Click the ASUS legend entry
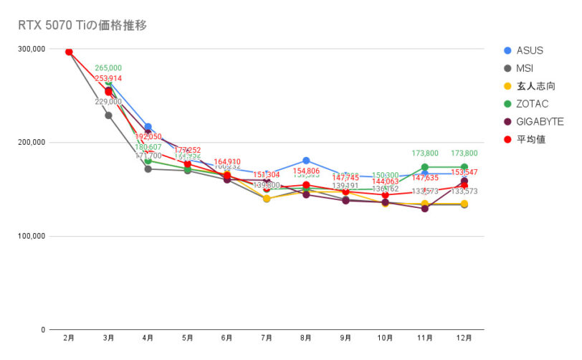(x=528, y=50)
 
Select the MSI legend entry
(x=525, y=68)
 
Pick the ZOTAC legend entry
(x=531, y=104)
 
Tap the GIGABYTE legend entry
(x=538, y=121)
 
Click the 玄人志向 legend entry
(x=535, y=86)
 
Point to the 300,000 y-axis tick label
(x=32, y=49)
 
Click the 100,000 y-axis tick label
(x=32, y=236)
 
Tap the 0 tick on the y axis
(x=43, y=330)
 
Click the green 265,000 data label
(x=108, y=68)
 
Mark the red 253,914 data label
(x=108, y=78)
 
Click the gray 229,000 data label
(x=108, y=102)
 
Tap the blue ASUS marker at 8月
(x=306, y=161)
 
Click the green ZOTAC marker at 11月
(x=425, y=167)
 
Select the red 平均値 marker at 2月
(x=69, y=52)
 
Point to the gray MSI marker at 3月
(x=108, y=115)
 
